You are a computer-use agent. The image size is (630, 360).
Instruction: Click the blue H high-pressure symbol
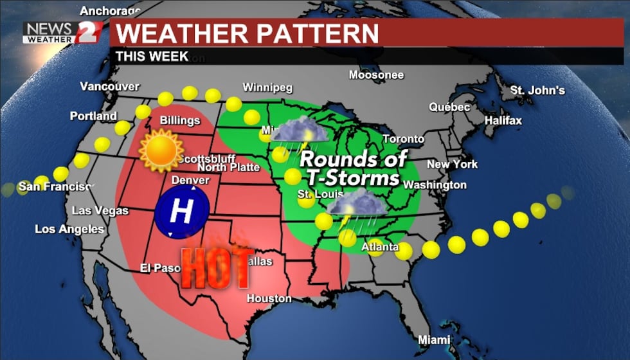point(182,212)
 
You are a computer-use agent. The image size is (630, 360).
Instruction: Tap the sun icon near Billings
point(161,150)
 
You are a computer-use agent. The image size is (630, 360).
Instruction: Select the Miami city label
point(435,339)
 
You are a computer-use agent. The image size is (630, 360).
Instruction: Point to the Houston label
point(269,298)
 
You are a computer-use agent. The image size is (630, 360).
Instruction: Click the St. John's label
point(537,91)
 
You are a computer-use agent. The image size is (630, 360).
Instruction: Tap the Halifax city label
point(503,120)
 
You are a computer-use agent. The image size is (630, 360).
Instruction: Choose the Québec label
point(450,107)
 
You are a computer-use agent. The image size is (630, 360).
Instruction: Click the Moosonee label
point(376,75)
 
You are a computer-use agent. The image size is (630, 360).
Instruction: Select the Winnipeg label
point(267,87)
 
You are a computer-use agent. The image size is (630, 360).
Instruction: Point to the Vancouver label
point(110,86)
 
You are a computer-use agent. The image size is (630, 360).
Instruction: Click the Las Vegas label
point(100,210)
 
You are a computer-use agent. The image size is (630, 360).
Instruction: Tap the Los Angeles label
point(69,229)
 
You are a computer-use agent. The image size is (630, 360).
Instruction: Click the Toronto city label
point(404,139)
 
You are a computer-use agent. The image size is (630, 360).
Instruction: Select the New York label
point(453,164)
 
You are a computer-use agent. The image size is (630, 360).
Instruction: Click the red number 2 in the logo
point(88,32)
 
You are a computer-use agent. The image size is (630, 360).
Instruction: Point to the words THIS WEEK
point(152,56)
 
